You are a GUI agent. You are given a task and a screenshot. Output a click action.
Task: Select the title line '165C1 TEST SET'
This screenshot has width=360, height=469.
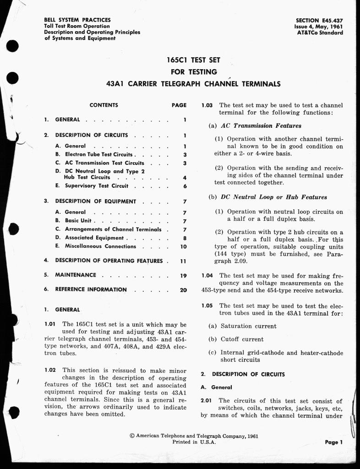point(194,60)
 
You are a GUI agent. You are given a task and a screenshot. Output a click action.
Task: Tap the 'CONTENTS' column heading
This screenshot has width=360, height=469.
point(104,105)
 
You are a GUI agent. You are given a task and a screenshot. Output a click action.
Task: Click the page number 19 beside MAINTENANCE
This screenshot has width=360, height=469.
point(183,276)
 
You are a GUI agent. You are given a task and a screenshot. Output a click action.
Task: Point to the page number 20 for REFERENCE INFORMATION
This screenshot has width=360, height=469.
point(183,290)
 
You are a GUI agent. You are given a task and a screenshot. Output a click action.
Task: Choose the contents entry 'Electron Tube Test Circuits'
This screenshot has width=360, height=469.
point(98,155)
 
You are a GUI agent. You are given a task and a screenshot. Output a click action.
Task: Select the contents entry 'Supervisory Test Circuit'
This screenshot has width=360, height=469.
point(97,186)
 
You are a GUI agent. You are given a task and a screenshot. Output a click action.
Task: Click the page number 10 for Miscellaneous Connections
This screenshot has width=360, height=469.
point(183,246)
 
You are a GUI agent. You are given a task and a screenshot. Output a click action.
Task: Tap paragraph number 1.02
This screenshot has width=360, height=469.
point(50,370)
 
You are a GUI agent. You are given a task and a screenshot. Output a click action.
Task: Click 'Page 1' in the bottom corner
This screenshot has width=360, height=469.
point(334,442)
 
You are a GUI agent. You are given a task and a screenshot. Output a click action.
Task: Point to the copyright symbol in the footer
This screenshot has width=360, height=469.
point(132,436)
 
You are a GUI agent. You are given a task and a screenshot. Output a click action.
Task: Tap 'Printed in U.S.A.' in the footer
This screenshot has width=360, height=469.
point(194,442)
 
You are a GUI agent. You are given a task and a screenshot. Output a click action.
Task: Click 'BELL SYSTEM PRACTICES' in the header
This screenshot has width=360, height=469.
point(77,20)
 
